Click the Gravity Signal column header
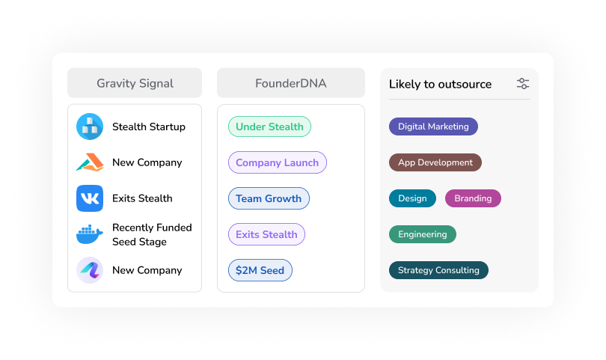[135, 83]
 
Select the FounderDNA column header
[291, 83]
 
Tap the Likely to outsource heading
[440, 84]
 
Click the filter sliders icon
[523, 84]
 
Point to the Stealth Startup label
[149, 126]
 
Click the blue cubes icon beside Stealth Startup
[90, 126]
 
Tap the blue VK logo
[90, 198]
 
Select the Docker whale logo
[90, 234]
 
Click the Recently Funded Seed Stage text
[152, 234]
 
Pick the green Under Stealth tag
[269, 126]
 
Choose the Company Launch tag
[277, 162]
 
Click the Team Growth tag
[269, 198]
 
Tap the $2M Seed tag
[260, 270]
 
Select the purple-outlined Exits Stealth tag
[266, 234]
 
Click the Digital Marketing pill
[433, 126]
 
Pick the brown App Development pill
[435, 162]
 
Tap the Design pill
[412, 198]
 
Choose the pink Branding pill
[473, 198]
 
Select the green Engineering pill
[422, 234]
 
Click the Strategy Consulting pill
[438, 270]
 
